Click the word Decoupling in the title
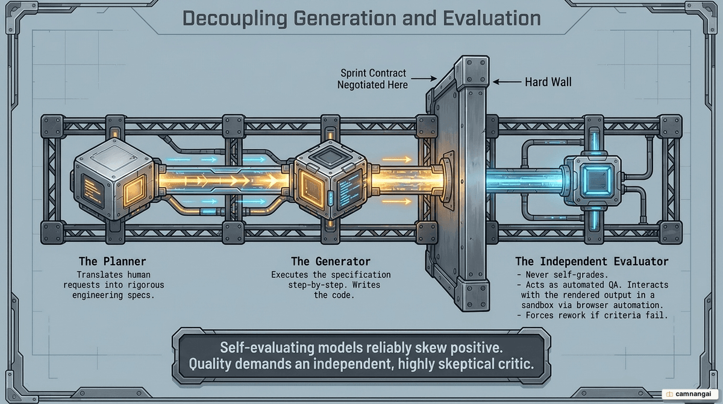coord(234,19)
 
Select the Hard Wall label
coord(548,82)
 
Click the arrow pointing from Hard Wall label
coord(507,82)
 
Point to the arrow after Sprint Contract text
coord(424,78)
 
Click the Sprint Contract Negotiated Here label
coord(372,79)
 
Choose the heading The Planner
coord(112,261)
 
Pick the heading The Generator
coord(331,261)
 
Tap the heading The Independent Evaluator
coord(592,261)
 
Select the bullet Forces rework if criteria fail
coord(592,315)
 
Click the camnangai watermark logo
coord(690,394)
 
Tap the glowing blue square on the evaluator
coord(596,180)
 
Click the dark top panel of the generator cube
coord(330,156)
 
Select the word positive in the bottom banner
coord(477,348)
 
